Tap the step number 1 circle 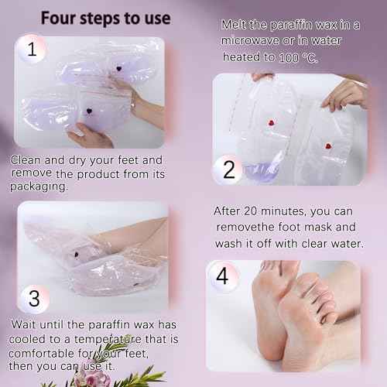[x=32, y=50]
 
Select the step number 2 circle [x=228, y=169]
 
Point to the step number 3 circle [x=33, y=299]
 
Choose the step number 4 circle [x=224, y=276]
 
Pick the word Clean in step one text [x=28, y=160]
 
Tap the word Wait [x=27, y=324]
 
